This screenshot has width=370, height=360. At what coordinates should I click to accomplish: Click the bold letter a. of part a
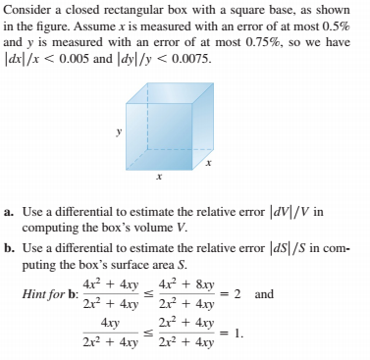pos(10,211)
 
